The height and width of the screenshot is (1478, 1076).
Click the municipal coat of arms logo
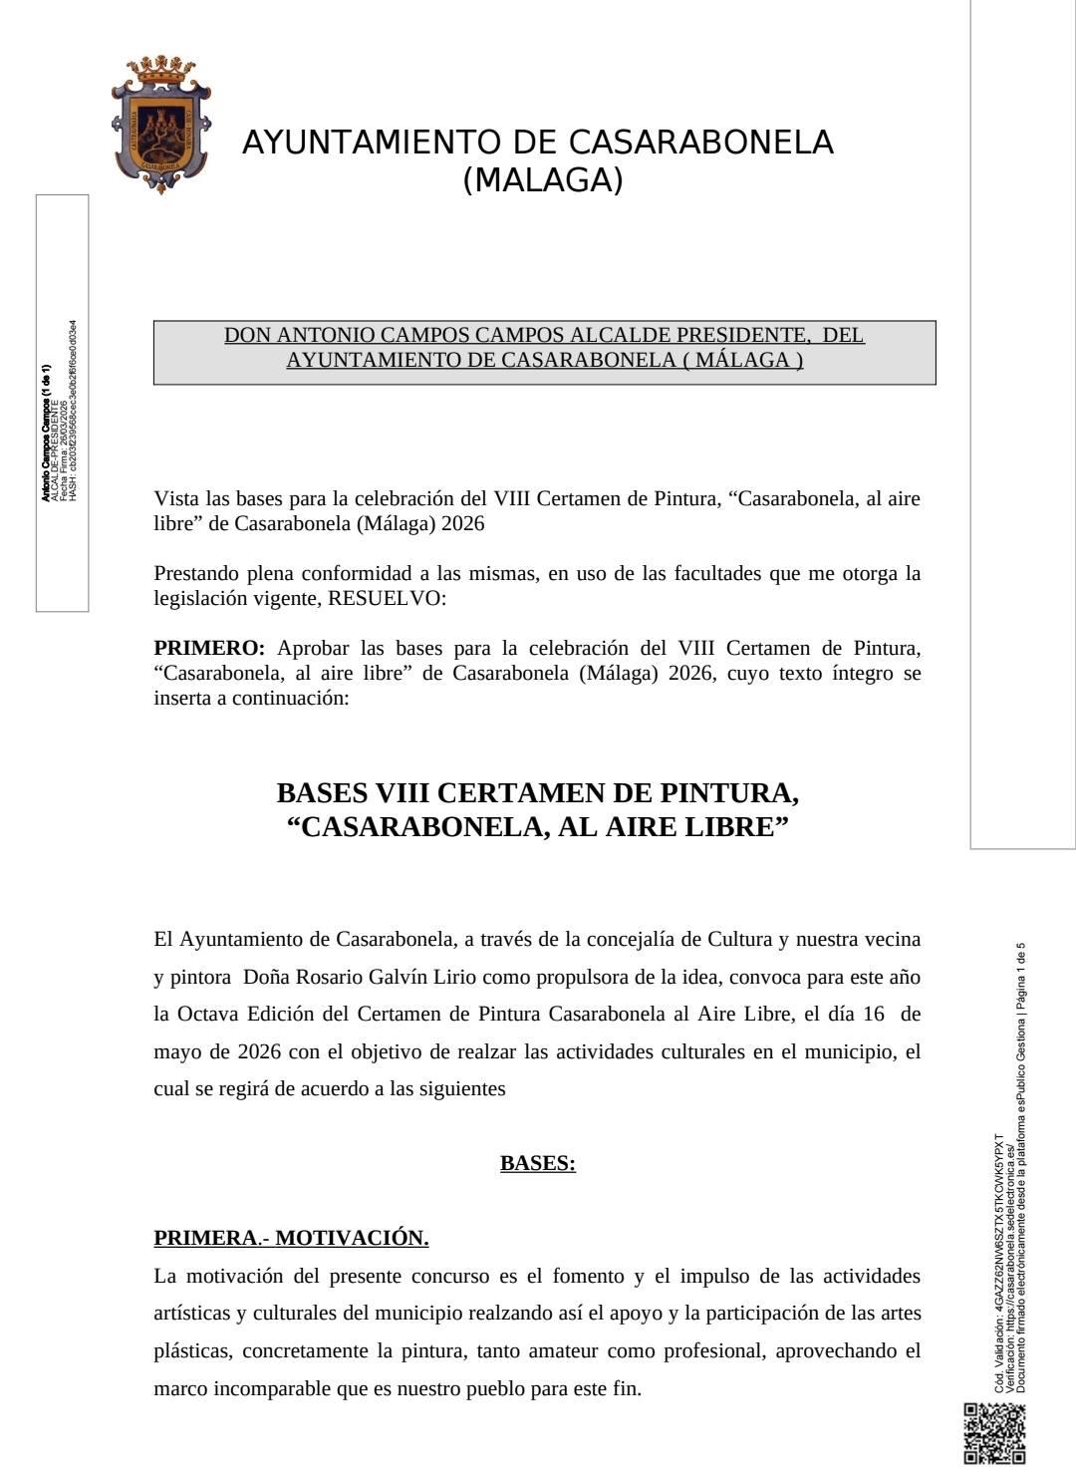[x=159, y=125]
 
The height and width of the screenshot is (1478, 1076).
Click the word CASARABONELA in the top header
[x=700, y=143]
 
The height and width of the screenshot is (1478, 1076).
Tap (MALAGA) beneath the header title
[x=543, y=180]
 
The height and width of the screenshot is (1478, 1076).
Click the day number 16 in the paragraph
[x=873, y=1015]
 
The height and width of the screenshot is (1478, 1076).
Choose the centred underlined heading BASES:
[x=538, y=1163]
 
